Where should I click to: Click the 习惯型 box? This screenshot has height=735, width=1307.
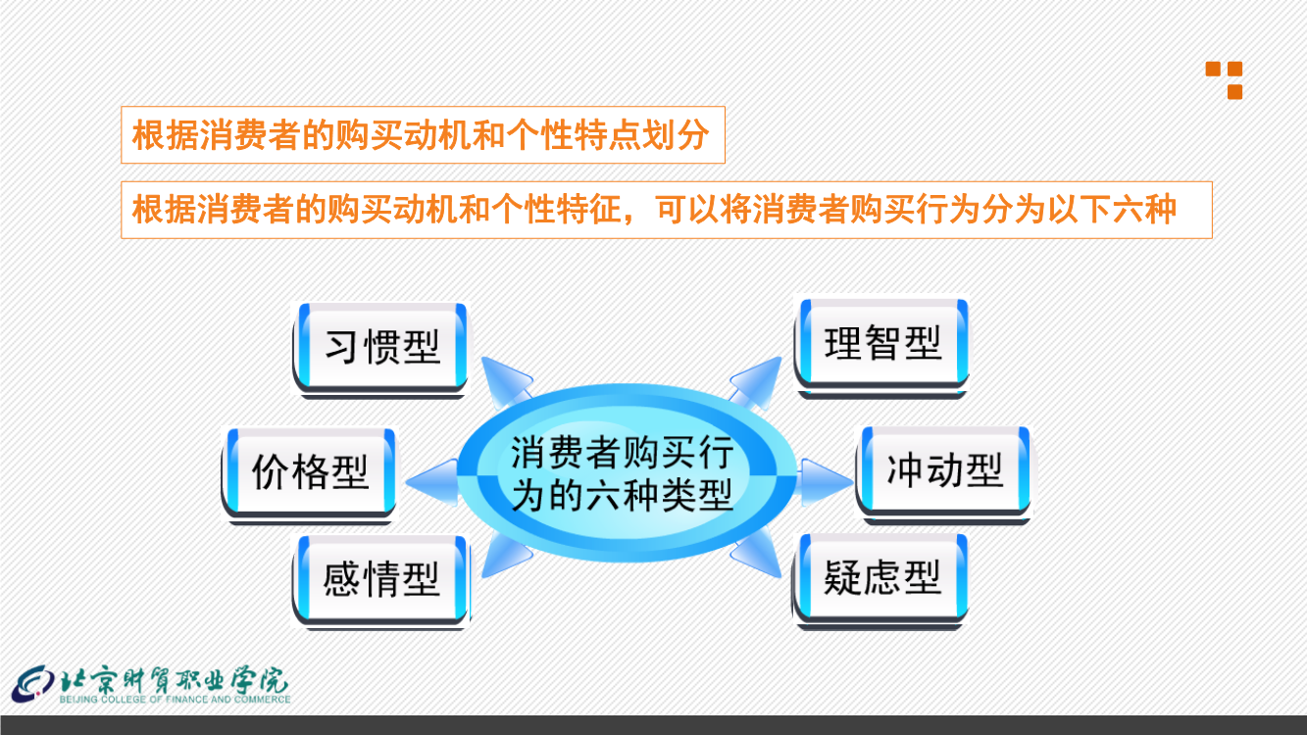380,349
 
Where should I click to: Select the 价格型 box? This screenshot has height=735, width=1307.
309,474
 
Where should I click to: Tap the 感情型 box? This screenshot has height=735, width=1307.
380,581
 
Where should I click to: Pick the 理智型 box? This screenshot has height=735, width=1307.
881,348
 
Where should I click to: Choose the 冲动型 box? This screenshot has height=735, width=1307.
943,474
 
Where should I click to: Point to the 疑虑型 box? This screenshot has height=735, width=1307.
880,581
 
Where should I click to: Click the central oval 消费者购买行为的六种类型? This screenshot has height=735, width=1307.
627,473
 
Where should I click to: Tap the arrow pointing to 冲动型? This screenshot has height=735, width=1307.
824,482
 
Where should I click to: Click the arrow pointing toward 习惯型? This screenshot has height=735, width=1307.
506,381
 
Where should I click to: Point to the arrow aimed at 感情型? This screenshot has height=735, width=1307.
506,555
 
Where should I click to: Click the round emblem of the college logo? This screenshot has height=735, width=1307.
33,684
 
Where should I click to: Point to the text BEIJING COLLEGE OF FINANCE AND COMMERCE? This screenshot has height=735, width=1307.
176,699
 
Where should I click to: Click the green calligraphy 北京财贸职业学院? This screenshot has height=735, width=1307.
175,680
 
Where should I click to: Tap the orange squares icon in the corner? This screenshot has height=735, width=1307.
1224,80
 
